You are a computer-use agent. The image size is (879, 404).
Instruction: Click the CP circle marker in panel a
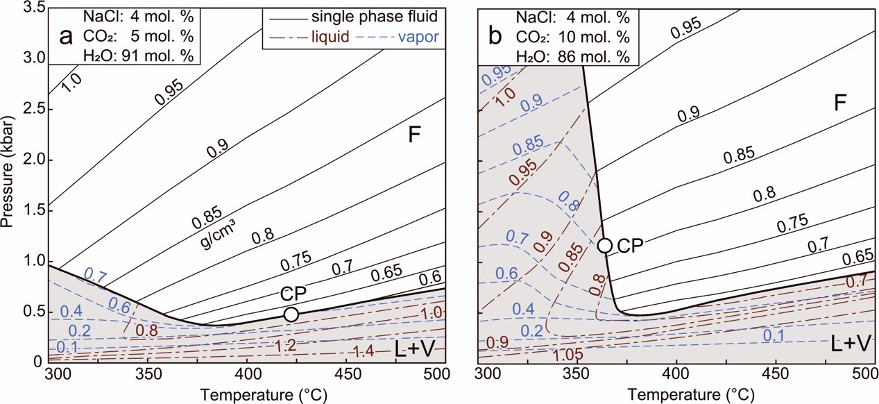point(291,314)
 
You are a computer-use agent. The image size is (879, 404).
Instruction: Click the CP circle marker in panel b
point(605,245)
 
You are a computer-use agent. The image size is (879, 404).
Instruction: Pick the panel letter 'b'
point(496,36)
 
